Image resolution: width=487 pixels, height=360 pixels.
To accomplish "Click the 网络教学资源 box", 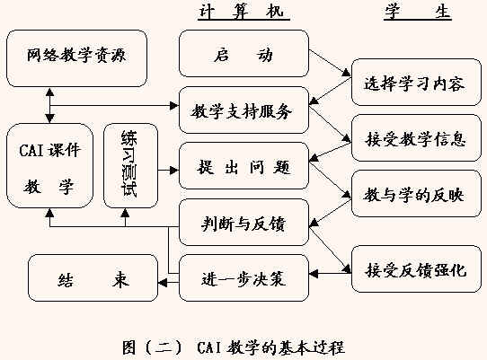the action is point(76,58).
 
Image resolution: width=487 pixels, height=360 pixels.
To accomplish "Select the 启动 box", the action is point(243,53).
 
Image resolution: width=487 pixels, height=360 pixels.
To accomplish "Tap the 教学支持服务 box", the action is point(243,110).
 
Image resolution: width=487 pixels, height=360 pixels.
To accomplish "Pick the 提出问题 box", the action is point(243,166).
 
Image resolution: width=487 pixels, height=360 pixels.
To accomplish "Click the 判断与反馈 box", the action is point(243,223).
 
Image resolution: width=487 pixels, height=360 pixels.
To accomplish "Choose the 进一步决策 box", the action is point(243,278).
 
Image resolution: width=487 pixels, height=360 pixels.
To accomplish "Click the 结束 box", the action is point(93,278).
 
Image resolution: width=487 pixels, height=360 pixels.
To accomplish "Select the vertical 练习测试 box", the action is point(130,166).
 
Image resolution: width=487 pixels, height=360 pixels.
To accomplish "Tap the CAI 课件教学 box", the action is point(49,166).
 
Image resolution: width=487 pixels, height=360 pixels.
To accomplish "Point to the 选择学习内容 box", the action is point(416,83).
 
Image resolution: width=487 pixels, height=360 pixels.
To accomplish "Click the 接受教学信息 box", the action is point(416,137).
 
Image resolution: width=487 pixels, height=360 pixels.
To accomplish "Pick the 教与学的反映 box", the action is point(416,193).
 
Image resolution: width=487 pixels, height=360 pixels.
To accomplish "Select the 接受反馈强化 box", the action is point(416,269).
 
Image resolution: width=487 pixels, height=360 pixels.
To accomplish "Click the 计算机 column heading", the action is point(243,13).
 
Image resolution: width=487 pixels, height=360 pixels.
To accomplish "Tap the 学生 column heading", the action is point(418,13).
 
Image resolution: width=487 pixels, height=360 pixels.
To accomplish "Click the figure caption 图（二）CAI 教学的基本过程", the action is point(234,347).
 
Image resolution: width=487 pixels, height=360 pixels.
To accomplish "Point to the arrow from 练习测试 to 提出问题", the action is point(168,170).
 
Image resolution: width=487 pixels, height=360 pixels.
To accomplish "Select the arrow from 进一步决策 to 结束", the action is point(168,283).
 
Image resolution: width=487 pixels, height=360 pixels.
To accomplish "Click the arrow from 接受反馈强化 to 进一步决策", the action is point(330,274).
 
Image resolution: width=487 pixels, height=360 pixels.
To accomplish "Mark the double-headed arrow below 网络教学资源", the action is point(49,105).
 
